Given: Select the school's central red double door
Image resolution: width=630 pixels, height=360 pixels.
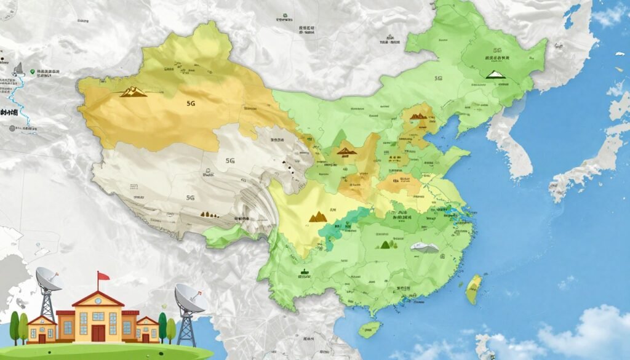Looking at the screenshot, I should [x=98, y=333].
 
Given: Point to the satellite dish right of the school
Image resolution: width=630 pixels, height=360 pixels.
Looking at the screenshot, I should [x=189, y=298].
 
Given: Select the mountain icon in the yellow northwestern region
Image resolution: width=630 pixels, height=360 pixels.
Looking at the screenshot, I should [x=133, y=92].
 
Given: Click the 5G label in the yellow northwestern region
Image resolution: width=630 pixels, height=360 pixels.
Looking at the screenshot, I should [x=191, y=105].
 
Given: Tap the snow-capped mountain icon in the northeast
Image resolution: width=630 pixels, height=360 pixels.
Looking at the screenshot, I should [x=495, y=74].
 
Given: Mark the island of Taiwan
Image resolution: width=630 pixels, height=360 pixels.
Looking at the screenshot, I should [x=473, y=289].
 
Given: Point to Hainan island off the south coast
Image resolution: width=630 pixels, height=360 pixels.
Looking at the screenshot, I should [x=369, y=329].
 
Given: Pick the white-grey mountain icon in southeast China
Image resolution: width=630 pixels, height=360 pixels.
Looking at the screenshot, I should [x=425, y=247].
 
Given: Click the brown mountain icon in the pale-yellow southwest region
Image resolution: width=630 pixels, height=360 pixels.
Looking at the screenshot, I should [x=317, y=216].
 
